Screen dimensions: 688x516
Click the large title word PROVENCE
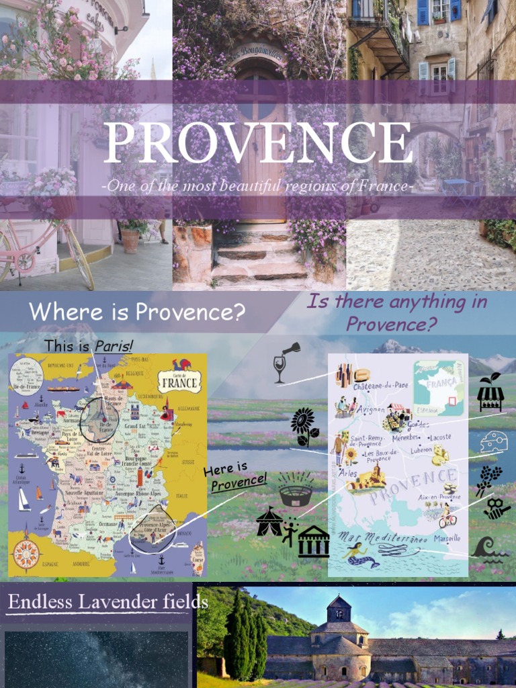(x=258, y=143)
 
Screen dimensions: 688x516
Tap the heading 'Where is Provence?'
(x=136, y=312)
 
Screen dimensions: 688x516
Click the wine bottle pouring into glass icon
(x=286, y=362)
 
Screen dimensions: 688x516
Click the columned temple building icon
(x=313, y=542)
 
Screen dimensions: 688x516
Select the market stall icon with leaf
(x=490, y=392)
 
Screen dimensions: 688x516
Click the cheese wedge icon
(x=494, y=442)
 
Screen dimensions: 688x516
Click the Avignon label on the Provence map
(x=370, y=409)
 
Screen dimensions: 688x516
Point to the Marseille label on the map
(x=447, y=538)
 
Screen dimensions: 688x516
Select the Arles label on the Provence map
(x=348, y=474)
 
